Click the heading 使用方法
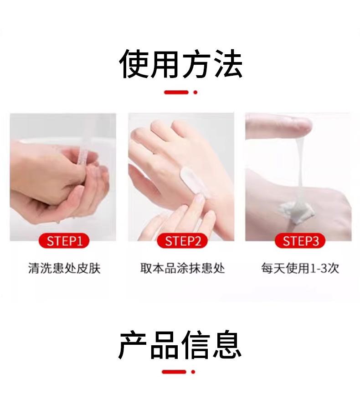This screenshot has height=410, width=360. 181,64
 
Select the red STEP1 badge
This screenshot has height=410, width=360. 64,241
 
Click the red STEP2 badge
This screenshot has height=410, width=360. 182,241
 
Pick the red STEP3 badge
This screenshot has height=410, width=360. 300,241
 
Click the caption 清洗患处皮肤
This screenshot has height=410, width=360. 64,268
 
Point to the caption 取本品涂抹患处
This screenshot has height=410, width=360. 182,268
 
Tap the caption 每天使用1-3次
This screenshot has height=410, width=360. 300,268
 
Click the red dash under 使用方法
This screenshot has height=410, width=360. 176,92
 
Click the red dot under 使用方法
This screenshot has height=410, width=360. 195,92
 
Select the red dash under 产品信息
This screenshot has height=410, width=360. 174,372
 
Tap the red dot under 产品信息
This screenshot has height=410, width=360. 193,372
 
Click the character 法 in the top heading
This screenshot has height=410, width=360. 228,64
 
